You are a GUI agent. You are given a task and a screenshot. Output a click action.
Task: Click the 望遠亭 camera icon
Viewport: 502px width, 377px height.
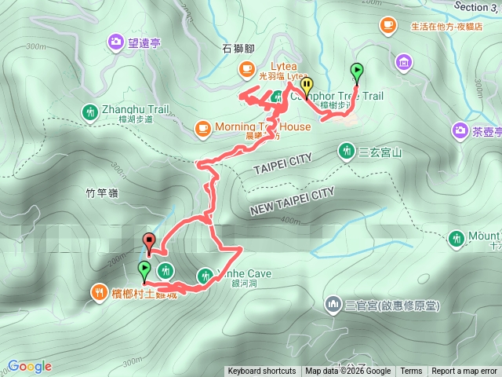click(116, 41)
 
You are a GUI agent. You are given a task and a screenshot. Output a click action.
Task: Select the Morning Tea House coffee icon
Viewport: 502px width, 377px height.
click(202, 126)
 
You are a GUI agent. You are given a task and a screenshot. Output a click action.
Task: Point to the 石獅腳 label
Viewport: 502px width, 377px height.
click(238, 49)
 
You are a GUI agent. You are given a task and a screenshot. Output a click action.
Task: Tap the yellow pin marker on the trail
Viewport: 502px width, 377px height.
click(306, 85)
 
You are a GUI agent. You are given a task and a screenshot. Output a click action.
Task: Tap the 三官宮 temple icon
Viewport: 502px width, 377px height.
click(333, 303)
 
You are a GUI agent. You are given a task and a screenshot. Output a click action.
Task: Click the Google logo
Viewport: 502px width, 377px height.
click(30, 366)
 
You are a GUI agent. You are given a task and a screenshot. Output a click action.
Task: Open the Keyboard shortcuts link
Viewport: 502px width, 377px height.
click(262, 372)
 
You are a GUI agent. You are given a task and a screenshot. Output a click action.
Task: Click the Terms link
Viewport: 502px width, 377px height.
click(411, 372)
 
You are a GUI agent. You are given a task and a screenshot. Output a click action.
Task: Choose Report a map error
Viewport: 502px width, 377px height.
click(464, 372)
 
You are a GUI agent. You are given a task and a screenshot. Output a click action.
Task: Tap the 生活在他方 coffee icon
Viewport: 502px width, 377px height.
click(387, 26)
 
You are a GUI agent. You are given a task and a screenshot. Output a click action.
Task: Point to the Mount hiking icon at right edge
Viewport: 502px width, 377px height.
click(456, 236)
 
